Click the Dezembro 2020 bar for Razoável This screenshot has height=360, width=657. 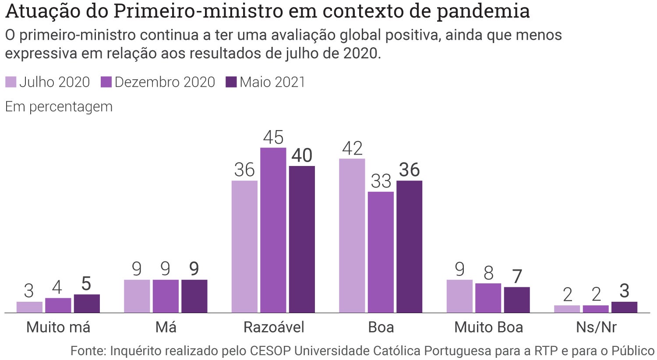point(273,230)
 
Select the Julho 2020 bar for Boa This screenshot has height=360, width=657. point(352,236)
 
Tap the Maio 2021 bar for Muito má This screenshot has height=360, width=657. point(87,304)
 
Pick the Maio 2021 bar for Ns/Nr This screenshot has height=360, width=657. point(624,307)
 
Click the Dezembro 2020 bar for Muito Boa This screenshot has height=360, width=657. point(488,298)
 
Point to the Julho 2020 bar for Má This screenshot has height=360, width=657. point(137,296)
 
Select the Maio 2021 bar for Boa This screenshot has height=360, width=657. point(409,247)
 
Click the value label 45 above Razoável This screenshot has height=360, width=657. point(273,138)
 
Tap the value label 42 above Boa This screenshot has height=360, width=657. point(353,148)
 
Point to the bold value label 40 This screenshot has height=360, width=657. point(302,155)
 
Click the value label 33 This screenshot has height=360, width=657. point(381,181)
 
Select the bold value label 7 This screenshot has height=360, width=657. point(517,276)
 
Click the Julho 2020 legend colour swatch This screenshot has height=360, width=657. point(11,82)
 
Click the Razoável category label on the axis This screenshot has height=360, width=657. point(274,327)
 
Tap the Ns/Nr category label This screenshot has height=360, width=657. point(596,327)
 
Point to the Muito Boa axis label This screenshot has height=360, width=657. point(488,327)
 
